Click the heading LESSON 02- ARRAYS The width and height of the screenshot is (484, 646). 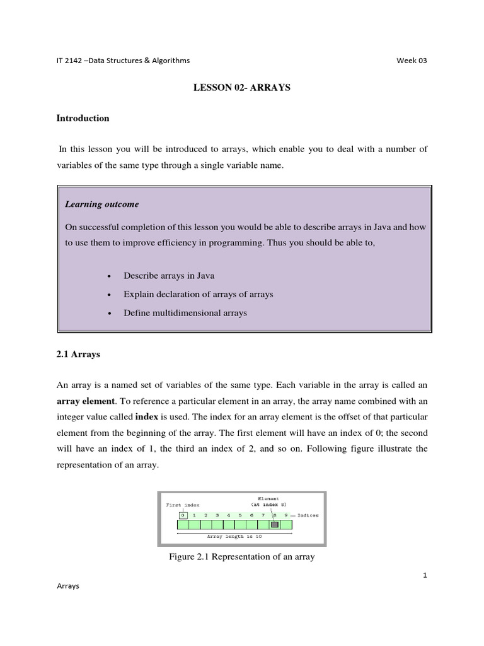coord(241,88)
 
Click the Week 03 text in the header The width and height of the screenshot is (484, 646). coord(412,61)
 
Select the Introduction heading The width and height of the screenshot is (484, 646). coord(83,118)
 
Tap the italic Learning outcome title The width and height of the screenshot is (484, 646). coord(102,204)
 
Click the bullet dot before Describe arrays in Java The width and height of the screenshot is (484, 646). coord(110,277)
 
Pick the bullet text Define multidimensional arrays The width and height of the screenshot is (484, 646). coord(185,313)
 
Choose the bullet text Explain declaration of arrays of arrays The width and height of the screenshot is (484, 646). coord(199,295)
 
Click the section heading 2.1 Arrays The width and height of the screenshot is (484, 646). coord(78,355)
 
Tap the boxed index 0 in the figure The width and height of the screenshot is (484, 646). coord(183,515)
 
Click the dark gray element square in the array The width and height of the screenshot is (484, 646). coord(275,524)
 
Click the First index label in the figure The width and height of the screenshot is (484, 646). coord(183,505)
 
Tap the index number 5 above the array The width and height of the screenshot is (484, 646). coord(240,515)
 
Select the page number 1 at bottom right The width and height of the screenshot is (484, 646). coord(425,575)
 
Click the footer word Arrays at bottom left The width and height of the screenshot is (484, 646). coord(68,586)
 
